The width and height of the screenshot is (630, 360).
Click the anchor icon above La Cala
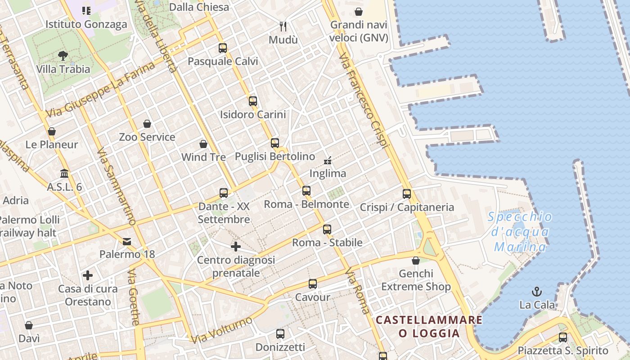tap(536, 292)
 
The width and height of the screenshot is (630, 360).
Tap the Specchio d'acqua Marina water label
tap(520, 232)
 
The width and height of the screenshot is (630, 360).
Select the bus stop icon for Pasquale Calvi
tap(222, 48)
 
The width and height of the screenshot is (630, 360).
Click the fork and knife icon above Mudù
tap(283, 27)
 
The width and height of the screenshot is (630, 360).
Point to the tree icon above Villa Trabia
tap(63, 56)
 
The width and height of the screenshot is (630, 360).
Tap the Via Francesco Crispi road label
tap(363, 102)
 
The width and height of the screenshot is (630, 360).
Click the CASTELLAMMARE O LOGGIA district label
tap(429, 327)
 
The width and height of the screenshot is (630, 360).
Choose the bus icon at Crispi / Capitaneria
tap(407, 194)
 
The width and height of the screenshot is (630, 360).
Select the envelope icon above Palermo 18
tap(127, 242)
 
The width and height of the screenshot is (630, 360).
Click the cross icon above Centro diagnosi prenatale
tap(236, 247)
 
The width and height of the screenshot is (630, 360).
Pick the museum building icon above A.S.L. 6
tap(64, 174)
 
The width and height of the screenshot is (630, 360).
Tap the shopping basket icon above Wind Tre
tap(203, 144)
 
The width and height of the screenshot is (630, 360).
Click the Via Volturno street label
tap(222, 330)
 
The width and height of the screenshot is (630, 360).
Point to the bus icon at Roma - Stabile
tap(327, 229)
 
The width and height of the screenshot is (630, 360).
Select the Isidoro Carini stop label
tap(253, 115)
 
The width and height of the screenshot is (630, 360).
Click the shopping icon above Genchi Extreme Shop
tap(416, 261)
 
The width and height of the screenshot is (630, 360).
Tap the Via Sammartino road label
tap(116, 186)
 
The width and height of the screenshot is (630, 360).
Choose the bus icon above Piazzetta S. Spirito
tap(562, 337)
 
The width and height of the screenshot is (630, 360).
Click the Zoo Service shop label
tap(147, 137)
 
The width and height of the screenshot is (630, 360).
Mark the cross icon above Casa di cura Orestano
tap(88, 275)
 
